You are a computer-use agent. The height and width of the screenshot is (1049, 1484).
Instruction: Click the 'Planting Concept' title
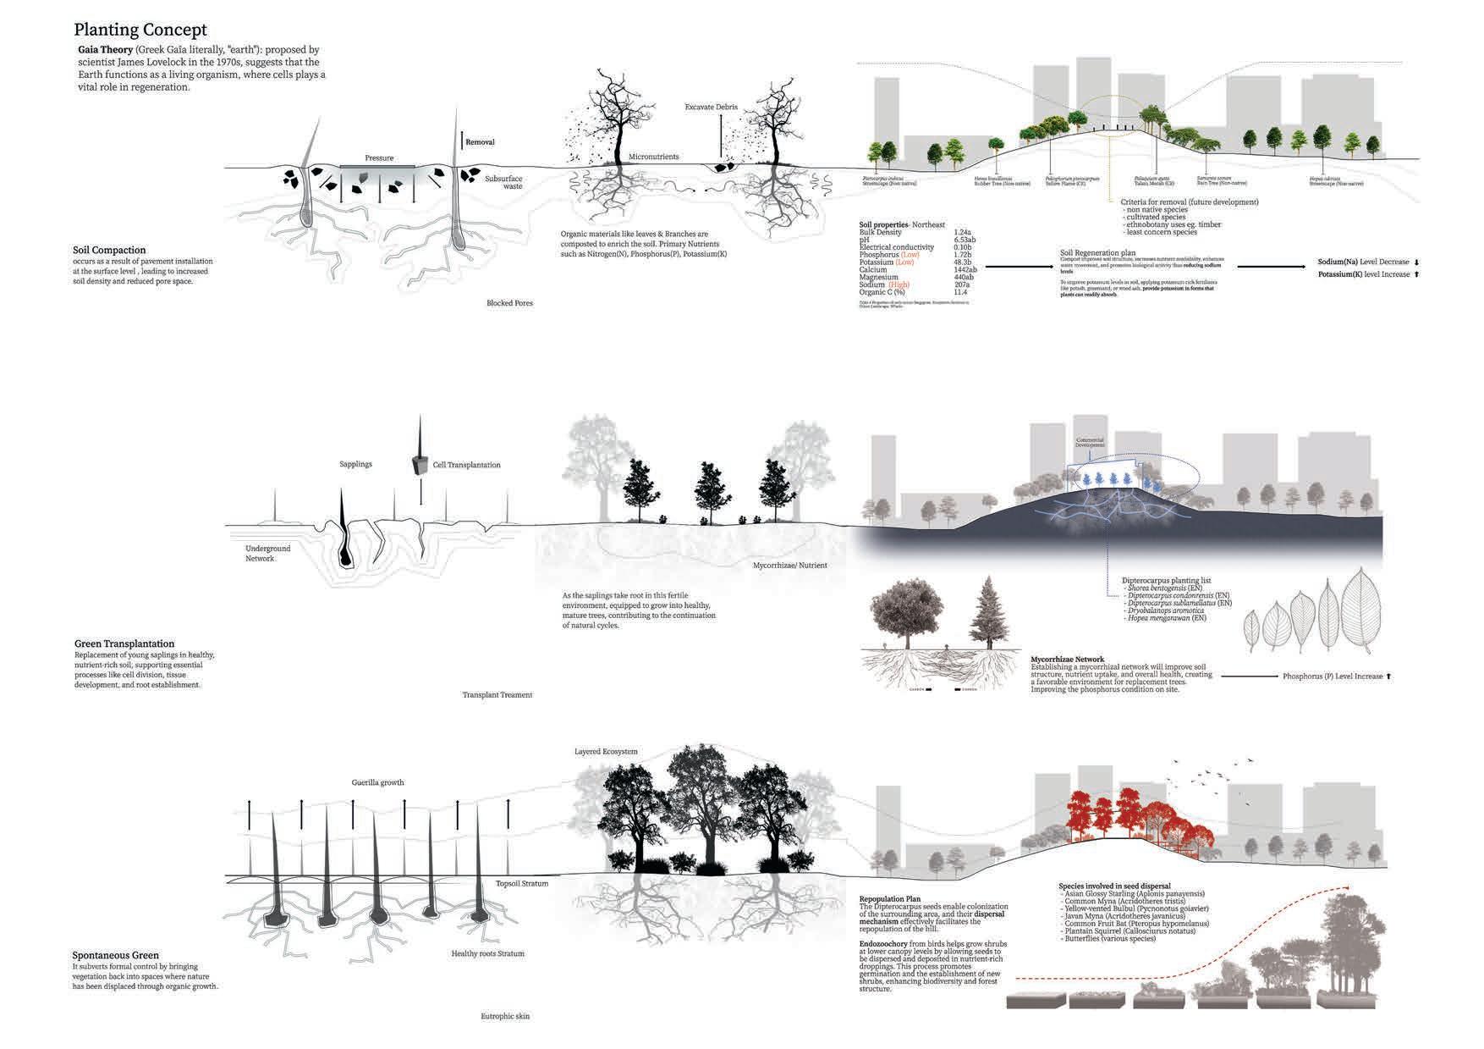point(140,30)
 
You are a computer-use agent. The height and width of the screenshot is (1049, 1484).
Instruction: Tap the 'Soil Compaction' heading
point(109,250)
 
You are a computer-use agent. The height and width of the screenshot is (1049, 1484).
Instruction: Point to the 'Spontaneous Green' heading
point(116,955)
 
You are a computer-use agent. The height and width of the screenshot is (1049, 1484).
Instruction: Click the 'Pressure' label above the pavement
point(379,158)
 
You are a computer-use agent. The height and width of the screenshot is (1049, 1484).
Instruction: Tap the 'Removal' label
point(480,142)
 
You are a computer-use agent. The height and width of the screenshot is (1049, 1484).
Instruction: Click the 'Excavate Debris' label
point(712,108)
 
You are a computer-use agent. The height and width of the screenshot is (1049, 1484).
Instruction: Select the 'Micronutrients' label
point(653,157)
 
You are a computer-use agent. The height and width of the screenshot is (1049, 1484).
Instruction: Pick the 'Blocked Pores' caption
point(509,303)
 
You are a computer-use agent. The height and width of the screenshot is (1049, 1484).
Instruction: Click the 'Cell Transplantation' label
point(466,465)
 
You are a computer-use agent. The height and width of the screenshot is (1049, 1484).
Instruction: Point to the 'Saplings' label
point(355,464)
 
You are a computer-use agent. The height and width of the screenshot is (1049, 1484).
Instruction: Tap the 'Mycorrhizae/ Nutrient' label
point(789,565)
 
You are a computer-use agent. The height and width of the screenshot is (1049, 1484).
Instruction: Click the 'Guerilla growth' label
point(377,782)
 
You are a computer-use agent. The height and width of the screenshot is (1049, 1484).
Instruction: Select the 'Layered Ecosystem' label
point(606,752)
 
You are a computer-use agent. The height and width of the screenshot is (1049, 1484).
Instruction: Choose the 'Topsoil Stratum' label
point(522,884)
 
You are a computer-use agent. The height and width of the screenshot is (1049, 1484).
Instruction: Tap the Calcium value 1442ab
point(965,270)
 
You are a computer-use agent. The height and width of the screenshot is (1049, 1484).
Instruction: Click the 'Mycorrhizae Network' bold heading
point(1067,659)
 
